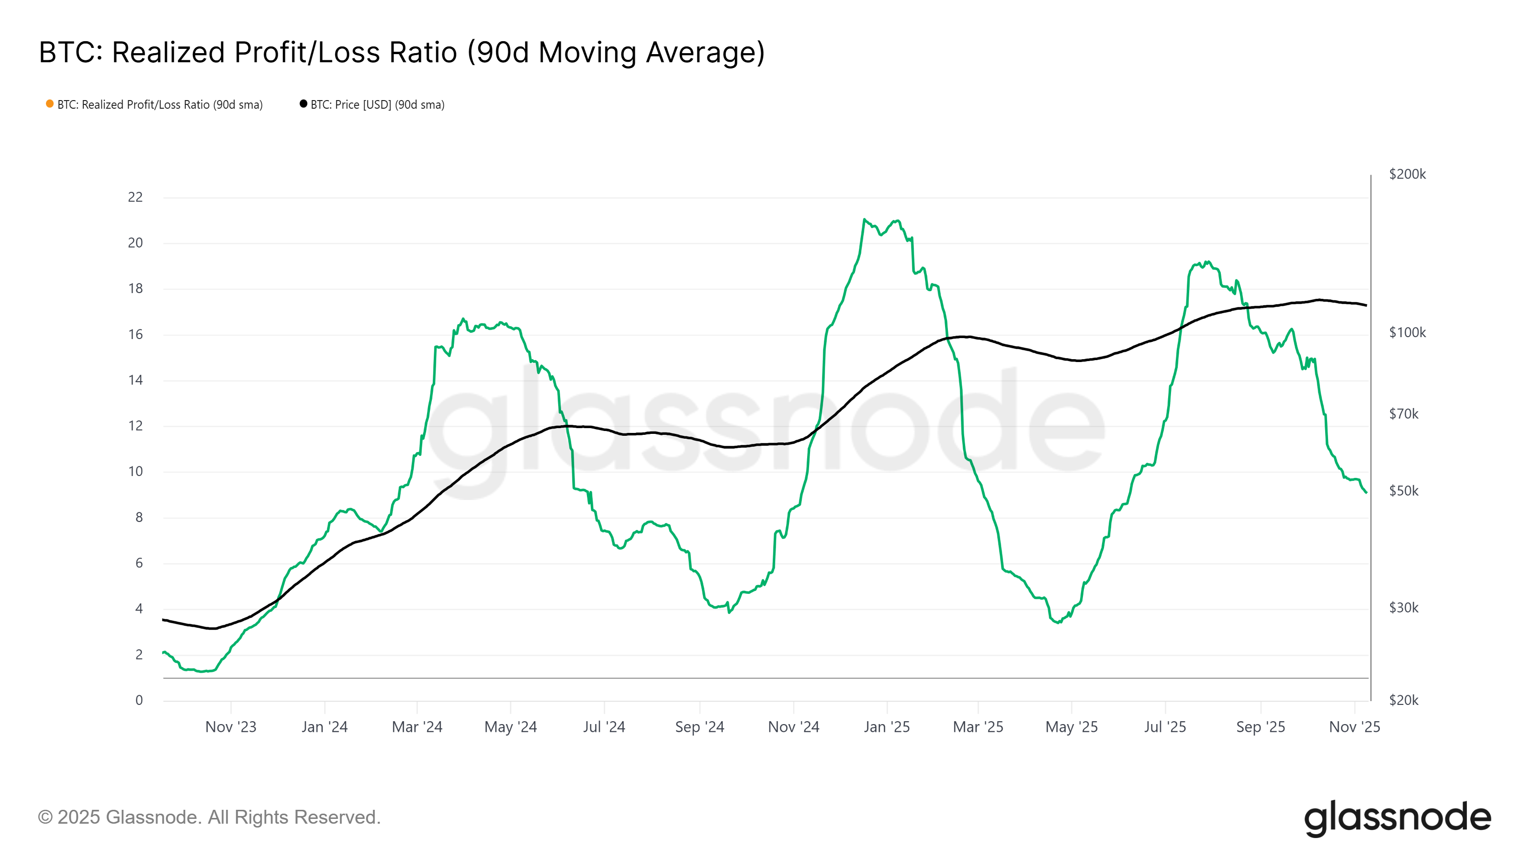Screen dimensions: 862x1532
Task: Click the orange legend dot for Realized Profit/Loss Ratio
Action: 50,104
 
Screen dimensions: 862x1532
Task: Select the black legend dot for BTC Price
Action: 304,104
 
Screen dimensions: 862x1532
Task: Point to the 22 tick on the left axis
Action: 135,197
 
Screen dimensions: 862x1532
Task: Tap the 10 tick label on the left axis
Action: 135,471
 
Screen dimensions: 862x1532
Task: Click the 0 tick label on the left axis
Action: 138,700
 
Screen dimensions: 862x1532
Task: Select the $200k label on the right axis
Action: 1407,174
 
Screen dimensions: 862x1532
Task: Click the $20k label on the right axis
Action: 1404,700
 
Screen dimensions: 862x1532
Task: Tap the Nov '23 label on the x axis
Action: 231,726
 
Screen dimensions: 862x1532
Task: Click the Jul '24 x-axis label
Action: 604,726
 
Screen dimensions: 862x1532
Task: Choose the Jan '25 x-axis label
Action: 886,726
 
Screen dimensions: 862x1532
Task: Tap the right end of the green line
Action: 1366,492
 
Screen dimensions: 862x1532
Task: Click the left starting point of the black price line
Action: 164,619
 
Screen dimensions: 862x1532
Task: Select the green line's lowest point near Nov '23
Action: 202,671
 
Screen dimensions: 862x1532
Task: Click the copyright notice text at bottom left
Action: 209,817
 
